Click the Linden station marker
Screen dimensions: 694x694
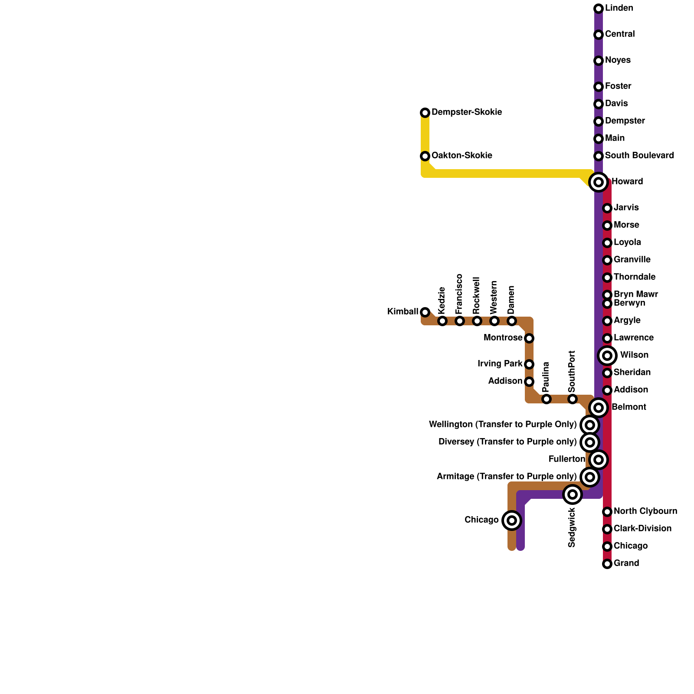[x=599, y=9]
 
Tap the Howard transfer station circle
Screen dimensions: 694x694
[x=599, y=182]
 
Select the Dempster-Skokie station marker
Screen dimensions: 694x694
[x=425, y=113]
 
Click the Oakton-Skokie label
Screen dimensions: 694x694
[x=462, y=156]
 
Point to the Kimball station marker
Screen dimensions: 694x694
[x=425, y=312]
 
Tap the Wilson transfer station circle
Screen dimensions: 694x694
[x=607, y=356]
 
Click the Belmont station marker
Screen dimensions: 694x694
[x=599, y=408]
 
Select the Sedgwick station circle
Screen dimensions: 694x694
[x=573, y=494]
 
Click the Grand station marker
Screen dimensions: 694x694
[x=607, y=564]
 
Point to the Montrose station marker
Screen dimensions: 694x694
[x=529, y=338]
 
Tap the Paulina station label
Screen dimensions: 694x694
[x=546, y=375]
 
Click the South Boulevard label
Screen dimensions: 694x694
[x=639, y=156]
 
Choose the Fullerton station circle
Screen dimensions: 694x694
[x=599, y=460]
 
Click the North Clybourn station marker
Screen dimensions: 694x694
[x=607, y=512]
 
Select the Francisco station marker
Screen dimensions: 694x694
[x=460, y=321]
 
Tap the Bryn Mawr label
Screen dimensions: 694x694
[x=635, y=295]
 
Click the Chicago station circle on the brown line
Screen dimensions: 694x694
[x=512, y=520]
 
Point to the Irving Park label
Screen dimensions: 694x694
[x=500, y=364]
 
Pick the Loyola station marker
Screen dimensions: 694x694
[x=607, y=243]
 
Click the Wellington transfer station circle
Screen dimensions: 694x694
[x=590, y=425]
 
